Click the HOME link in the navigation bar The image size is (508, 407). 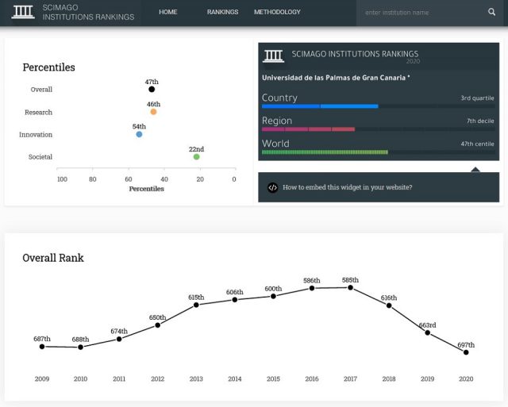point(167,12)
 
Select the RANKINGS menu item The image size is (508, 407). point(222,12)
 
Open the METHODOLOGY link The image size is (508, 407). point(277,12)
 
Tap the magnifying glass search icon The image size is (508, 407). point(491,12)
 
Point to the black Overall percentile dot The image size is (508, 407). point(152,90)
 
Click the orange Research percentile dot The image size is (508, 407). point(153,112)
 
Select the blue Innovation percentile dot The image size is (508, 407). point(139,134)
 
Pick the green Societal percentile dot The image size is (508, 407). point(196,156)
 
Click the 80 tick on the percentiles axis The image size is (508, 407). point(92,179)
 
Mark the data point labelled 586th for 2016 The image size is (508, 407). point(312,288)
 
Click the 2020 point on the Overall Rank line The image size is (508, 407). point(466,352)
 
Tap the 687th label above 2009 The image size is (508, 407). point(42,339)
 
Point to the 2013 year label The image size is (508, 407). point(196,379)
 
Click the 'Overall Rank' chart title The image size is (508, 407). point(52,258)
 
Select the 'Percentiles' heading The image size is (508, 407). point(48,67)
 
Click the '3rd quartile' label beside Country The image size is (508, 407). point(476,98)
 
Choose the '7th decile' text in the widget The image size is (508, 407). point(479,121)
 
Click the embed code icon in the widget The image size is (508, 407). point(272,188)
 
